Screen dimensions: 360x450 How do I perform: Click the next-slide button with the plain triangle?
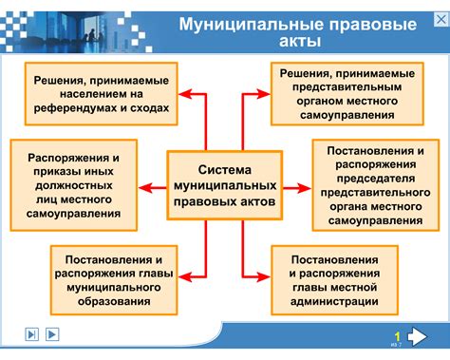[x=52, y=333]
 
